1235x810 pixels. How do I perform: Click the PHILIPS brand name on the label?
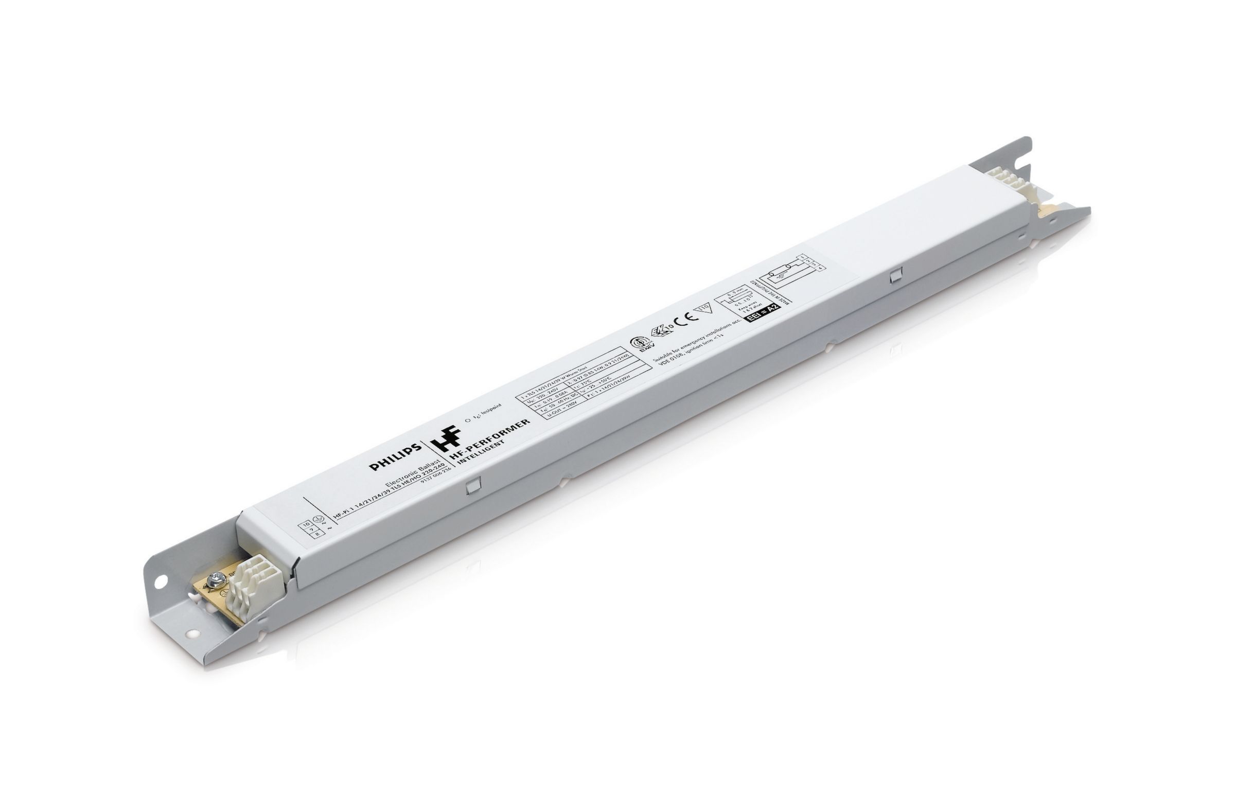(395, 457)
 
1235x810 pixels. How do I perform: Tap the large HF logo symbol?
(447, 438)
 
